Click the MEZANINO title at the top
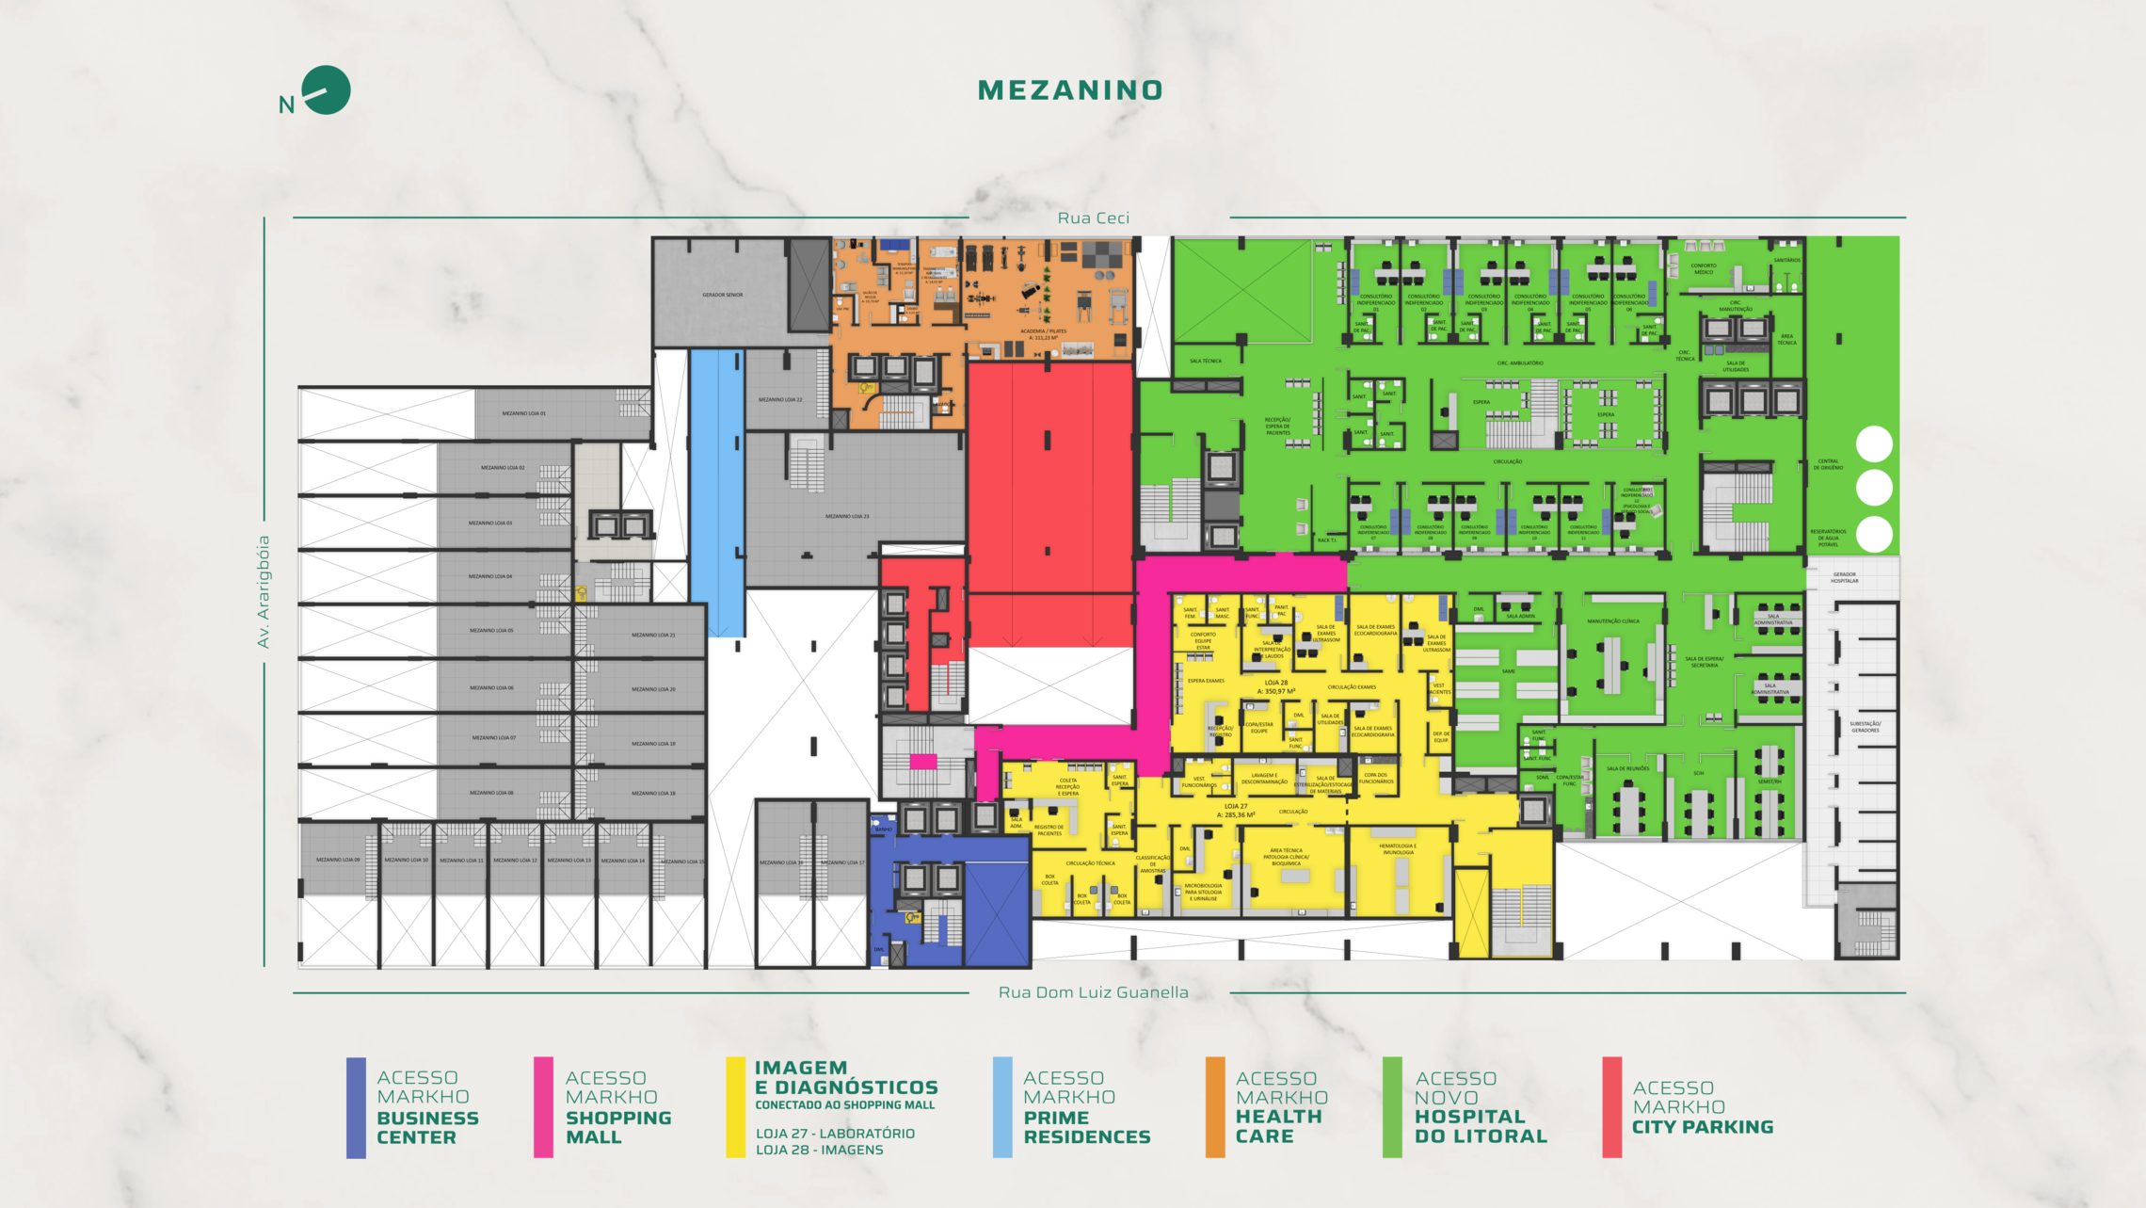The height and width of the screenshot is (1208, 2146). coord(1070,90)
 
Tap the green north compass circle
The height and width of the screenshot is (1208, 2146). coord(327,90)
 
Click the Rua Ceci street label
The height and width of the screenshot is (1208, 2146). coord(1093,218)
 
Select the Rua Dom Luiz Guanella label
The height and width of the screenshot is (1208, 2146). coord(1093,992)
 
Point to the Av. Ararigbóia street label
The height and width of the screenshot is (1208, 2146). coord(264,591)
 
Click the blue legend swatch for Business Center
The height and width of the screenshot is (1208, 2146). coord(356,1107)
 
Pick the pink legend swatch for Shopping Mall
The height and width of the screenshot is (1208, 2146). coord(543,1107)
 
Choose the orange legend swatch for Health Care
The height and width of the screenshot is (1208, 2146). coord(1215,1107)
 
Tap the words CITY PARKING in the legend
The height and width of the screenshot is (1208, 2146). coord(1702,1127)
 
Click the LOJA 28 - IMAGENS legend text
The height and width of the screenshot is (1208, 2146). coord(819,1150)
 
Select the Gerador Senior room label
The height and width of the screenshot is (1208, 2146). coord(722,295)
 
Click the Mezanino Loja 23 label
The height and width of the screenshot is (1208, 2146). coord(847,516)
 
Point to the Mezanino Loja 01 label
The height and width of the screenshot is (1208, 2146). coord(523,413)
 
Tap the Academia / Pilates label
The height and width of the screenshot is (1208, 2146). coord(1043,332)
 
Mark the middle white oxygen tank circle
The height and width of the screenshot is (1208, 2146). coord(1873,488)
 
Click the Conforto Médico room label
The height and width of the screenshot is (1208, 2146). coord(1704,268)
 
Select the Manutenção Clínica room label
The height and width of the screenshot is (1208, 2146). coord(1612,621)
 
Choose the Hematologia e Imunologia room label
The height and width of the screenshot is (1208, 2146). coord(1397,848)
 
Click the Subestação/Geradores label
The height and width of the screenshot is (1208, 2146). coord(1865,727)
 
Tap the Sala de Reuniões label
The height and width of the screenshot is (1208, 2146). coord(1627,768)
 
